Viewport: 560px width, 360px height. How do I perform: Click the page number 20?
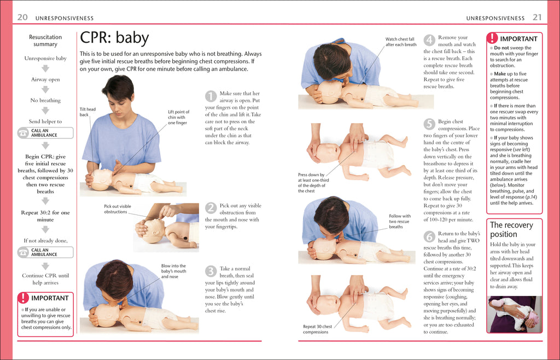[22, 18]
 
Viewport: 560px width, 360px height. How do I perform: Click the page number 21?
[537, 18]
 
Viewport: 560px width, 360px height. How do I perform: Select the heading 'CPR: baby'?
[114, 38]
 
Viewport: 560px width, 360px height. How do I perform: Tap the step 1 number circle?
[211, 97]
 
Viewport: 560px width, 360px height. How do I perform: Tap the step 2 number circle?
[211, 208]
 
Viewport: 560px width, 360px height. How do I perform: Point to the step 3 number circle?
[211, 271]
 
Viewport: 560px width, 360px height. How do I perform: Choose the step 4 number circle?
[429, 40]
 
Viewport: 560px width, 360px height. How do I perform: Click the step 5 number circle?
[429, 124]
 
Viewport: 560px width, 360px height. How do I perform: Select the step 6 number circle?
[429, 236]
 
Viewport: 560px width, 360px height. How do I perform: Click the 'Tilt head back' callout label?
[87, 112]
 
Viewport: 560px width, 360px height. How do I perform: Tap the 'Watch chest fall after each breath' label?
[400, 42]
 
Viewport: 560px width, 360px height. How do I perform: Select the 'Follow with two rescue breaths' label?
[399, 222]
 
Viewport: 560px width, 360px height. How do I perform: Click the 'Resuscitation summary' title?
[45, 40]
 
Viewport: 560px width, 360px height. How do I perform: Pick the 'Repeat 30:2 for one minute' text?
[45, 216]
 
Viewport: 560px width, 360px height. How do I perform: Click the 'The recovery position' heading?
[511, 229]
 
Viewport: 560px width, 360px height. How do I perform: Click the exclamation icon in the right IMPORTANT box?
[493, 38]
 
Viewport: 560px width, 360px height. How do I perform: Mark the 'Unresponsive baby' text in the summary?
[45, 59]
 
